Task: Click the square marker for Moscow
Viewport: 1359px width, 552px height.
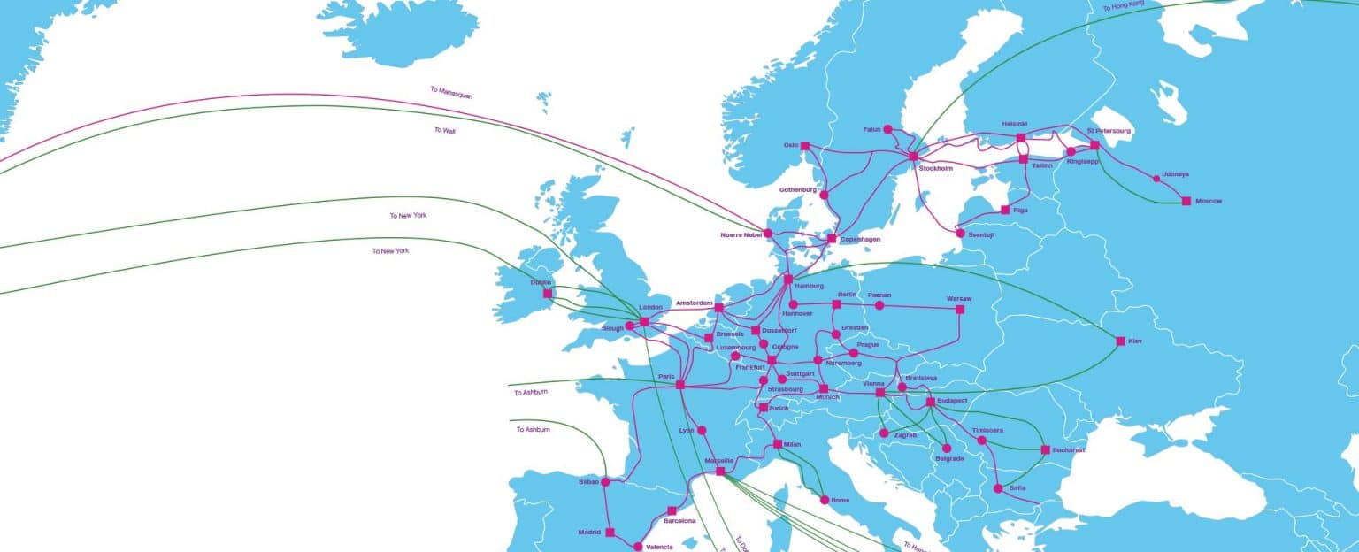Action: pyautogui.click(x=1186, y=201)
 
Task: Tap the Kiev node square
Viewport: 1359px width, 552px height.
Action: pyautogui.click(x=1120, y=341)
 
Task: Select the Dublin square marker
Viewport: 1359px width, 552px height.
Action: pyautogui.click(x=548, y=293)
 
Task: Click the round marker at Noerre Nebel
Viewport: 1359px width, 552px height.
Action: pyautogui.click(x=767, y=233)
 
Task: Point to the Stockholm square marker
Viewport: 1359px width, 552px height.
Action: pyautogui.click(x=913, y=157)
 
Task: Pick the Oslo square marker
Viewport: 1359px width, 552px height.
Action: pyautogui.click(x=805, y=146)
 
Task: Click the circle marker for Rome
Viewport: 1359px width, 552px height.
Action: pyautogui.click(x=825, y=500)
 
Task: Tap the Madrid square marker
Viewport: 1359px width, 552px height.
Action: pyautogui.click(x=610, y=533)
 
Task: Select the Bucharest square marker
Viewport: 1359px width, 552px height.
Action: pyautogui.click(x=1045, y=449)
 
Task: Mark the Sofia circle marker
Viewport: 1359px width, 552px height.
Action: pyautogui.click(x=998, y=488)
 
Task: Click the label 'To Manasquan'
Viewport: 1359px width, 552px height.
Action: pyautogui.click(x=451, y=91)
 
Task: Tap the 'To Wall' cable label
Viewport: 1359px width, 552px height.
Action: pyautogui.click(x=444, y=130)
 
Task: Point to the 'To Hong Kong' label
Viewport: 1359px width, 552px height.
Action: pyautogui.click(x=1123, y=7)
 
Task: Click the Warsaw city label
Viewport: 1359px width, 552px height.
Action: pyautogui.click(x=959, y=298)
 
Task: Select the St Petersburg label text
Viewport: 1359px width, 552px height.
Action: pyautogui.click(x=1109, y=131)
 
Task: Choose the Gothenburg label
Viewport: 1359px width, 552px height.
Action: pyautogui.click(x=798, y=189)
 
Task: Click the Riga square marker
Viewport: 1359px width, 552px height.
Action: pyautogui.click(x=1005, y=210)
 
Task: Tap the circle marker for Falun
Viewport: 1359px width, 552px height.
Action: pyautogui.click(x=887, y=129)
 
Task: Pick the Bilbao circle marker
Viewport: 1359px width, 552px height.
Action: pyautogui.click(x=606, y=482)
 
